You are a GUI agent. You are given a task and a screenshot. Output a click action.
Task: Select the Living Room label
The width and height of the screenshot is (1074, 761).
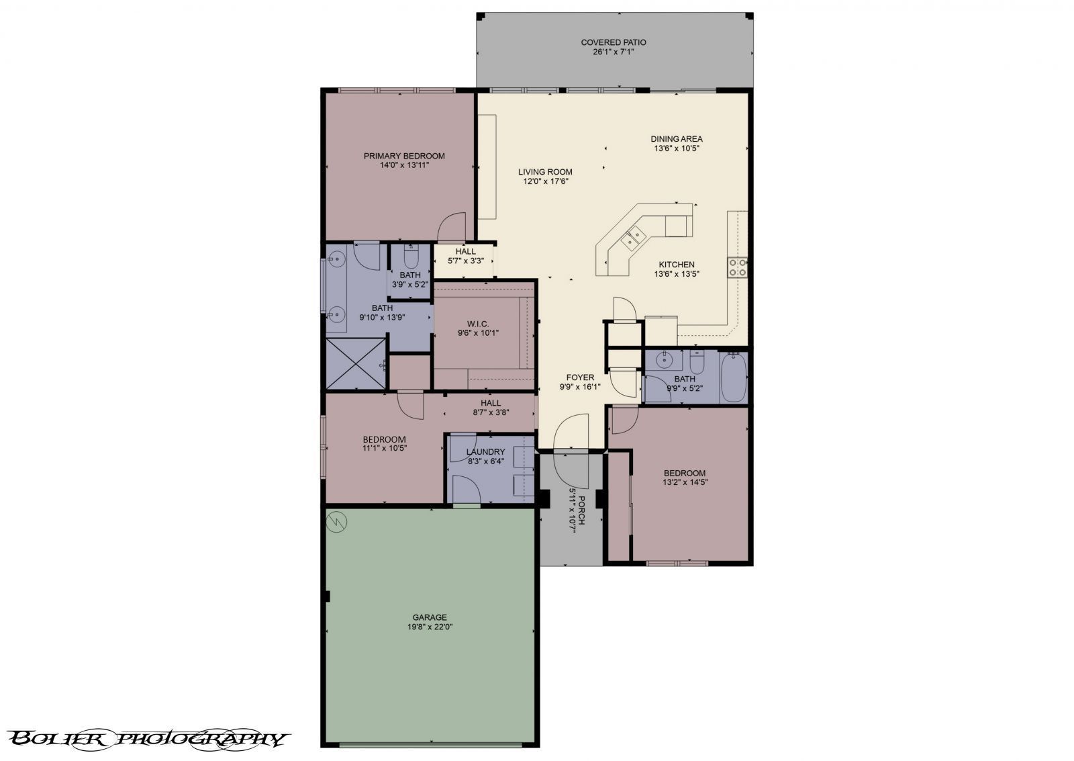pyautogui.click(x=545, y=172)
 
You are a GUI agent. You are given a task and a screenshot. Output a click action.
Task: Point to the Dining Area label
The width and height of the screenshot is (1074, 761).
pyautogui.click(x=677, y=139)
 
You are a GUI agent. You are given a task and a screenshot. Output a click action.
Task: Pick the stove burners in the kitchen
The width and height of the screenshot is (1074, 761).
pyautogui.click(x=737, y=267)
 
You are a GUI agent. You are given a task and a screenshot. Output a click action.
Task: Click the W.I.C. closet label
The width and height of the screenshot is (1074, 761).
pyautogui.click(x=478, y=324)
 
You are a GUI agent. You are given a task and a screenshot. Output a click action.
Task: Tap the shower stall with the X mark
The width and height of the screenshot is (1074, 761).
pyautogui.click(x=356, y=363)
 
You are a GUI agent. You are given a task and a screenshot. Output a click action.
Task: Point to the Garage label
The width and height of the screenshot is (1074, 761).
pyautogui.click(x=430, y=617)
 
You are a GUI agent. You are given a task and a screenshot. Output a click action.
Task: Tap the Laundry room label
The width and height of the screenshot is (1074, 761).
pyautogui.click(x=485, y=452)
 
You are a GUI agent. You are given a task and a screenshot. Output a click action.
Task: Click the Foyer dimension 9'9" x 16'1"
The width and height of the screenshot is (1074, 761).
pyautogui.click(x=580, y=387)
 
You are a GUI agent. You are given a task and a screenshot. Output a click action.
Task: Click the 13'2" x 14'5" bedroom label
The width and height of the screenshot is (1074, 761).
pyautogui.click(x=685, y=477)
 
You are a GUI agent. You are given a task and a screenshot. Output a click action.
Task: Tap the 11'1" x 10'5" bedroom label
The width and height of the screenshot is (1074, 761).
pyautogui.click(x=385, y=443)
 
